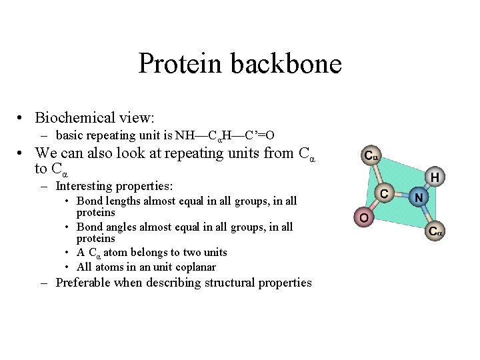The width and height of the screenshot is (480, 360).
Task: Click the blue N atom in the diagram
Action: click(x=418, y=197)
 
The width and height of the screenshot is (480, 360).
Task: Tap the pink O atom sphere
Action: click(x=363, y=217)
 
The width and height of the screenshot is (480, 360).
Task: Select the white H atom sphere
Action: click(x=434, y=177)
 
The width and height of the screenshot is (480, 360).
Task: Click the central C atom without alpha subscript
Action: click(x=385, y=193)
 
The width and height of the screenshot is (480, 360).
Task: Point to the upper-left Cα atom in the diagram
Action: click(x=371, y=157)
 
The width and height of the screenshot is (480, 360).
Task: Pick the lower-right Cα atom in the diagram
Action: click(x=435, y=232)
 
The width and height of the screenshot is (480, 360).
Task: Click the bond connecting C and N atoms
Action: click(x=401, y=195)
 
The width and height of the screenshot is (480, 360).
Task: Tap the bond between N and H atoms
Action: click(x=426, y=187)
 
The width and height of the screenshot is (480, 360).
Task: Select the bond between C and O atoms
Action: click(x=374, y=205)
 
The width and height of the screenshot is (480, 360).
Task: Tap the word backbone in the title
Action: click(x=287, y=64)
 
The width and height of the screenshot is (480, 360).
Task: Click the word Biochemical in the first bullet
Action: click(x=75, y=118)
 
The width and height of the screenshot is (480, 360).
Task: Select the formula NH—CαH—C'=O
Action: click(x=225, y=136)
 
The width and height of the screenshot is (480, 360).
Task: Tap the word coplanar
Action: click(x=190, y=267)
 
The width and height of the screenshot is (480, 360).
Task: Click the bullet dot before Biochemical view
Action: click(x=23, y=119)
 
